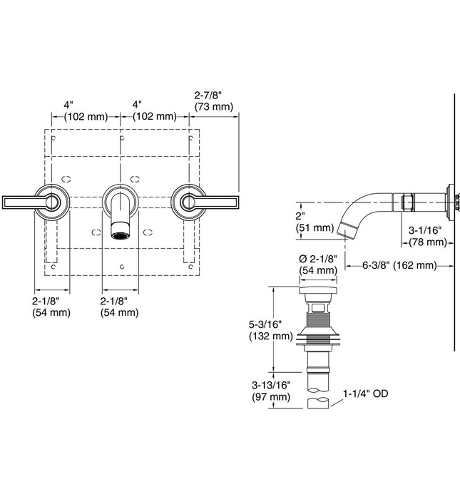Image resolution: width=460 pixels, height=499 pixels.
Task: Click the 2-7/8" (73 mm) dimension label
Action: [213, 101]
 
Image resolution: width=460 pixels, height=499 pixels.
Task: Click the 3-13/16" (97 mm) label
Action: [270, 391]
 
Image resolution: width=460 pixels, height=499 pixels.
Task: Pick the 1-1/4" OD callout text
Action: [367, 393]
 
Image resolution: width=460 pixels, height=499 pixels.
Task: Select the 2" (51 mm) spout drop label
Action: [315, 222]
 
